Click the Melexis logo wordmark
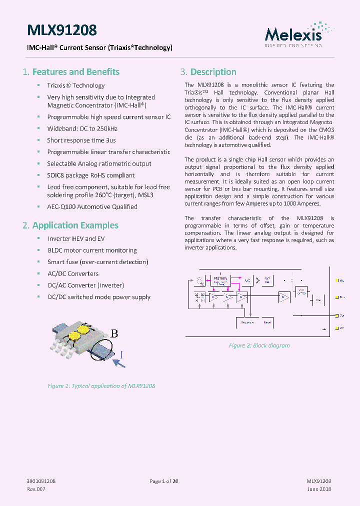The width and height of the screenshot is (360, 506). pyautogui.click(x=293, y=34)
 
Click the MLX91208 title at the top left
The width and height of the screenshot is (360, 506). pyautogui.click(x=61, y=30)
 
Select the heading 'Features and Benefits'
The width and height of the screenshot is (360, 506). pyautogui.click(x=75, y=72)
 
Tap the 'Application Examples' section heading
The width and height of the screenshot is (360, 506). pyautogui.click(x=75, y=225)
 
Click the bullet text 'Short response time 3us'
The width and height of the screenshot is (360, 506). pyautogui.click(x=81, y=140)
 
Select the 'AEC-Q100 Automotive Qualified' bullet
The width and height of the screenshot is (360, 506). pyautogui.click(x=92, y=206)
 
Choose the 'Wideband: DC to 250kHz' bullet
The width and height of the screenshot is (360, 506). pyautogui.click(x=82, y=128)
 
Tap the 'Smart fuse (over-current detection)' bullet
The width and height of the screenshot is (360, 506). pyautogui.click(x=97, y=262)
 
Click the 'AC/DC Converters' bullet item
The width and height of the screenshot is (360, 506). pyautogui.click(x=73, y=273)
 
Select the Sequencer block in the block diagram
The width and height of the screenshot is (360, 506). pyautogui.click(x=247, y=322)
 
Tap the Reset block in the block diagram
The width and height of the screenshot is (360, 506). pyautogui.click(x=267, y=322)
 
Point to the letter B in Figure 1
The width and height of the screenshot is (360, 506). pyautogui.click(x=114, y=334)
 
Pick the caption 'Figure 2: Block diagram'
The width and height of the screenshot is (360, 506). pyautogui.click(x=259, y=345)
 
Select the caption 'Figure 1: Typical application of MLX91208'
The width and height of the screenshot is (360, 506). pyautogui.click(x=101, y=386)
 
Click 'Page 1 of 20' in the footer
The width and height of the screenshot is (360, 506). pyautogui.click(x=164, y=481)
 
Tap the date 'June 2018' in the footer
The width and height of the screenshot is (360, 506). pyautogui.click(x=319, y=489)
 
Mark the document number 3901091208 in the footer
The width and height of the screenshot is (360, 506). pyautogui.click(x=41, y=481)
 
